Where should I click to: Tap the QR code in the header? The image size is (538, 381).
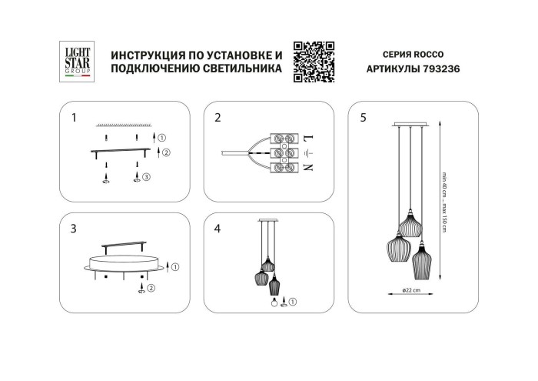tap(314, 61)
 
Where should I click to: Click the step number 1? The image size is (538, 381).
tap(74, 118)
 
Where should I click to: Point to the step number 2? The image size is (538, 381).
tap(218, 118)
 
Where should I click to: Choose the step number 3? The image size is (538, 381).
tap(74, 229)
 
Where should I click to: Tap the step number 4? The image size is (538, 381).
tap(218, 229)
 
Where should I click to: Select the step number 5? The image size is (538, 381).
tap(364, 118)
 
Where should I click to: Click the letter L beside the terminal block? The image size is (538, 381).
tap(307, 139)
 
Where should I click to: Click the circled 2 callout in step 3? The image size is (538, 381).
tap(151, 289)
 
